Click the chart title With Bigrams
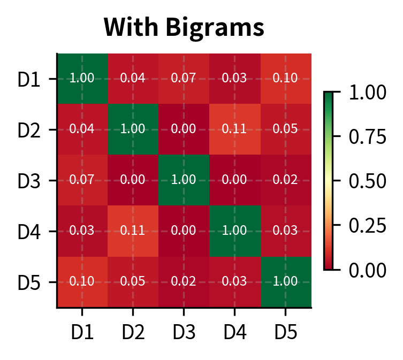pos(184,27)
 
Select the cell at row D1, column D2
pos(133,78)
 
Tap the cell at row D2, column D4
pos(234,129)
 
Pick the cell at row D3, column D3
pos(184,180)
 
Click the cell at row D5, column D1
pos(82,282)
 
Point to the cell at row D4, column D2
pos(133,231)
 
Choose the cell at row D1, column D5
pos(285,78)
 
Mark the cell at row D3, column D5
pos(285,180)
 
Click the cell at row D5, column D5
pos(285,282)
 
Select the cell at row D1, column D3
pos(184,78)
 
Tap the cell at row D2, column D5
pos(285,129)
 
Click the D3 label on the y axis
pos(29,181)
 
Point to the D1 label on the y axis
pos(29,79)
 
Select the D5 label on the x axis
pos(285,332)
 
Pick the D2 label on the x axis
pos(133,332)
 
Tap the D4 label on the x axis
pos(234,332)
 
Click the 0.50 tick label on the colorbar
pos(367,181)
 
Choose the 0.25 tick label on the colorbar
pos(367,225)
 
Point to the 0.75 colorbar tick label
pos(367,137)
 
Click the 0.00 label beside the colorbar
pos(367,270)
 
